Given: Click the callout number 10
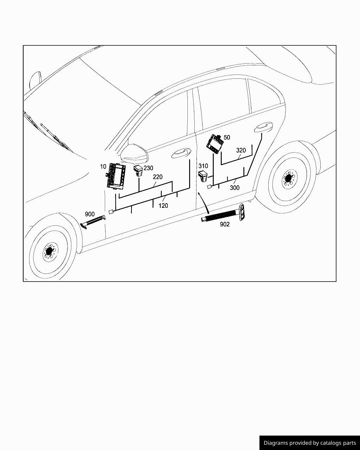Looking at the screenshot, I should pyautogui.click(x=103, y=167).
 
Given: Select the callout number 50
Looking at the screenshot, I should pyautogui.click(x=227, y=137).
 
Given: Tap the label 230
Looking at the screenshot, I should pyautogui.click(x=148, y=168).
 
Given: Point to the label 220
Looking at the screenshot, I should pyautogui.click(x=157, y=177).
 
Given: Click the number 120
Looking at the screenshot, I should pyautogui.click(x=163, y=206).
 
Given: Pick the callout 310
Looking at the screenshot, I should pyautogui.click(x=203, y=166).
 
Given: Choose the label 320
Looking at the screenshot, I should pyautogui.click(x=241, y=150).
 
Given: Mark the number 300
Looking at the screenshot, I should pyautogui.click(x=234, y=188).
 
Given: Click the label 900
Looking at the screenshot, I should pyautogui.click(x=90, y=214).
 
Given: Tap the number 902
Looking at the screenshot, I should pyautogui.click(x=225, y=224).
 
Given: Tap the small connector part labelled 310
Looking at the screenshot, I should pyautogui.click(x=204, y=176).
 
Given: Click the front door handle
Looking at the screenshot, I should pyautogui.click(x=181, y=153).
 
